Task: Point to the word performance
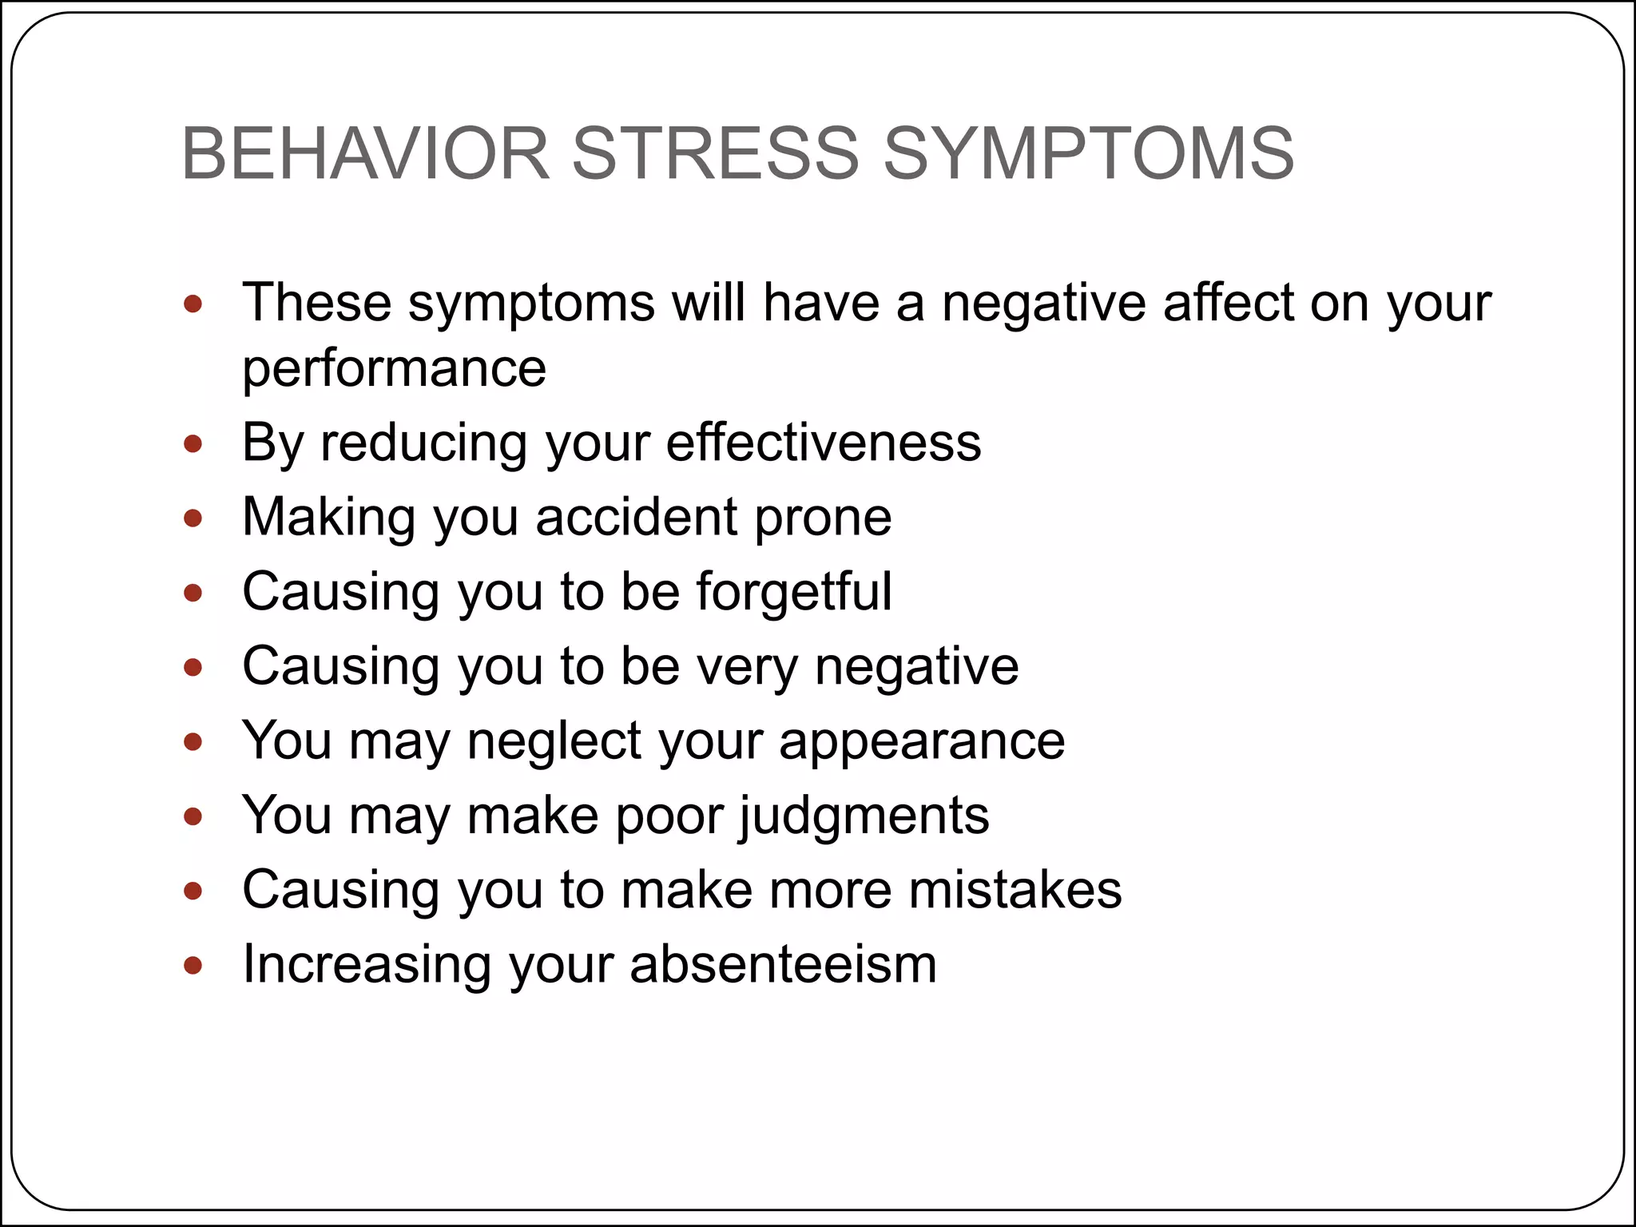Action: tap(395, 369)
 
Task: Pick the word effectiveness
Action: tap(824, 443)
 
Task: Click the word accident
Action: tap(636, 517)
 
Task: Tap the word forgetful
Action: tap(794, 591)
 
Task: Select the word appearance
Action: tap(922, 741)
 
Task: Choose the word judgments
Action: tap(864, 816)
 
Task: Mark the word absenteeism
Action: tap(783, 964)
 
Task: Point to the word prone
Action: tap(823, 518)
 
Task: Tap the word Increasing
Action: tap(367, 964)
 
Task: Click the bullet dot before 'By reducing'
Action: tap(193, 444)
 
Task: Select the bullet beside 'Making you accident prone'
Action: tap(193, 518)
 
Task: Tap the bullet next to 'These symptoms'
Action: tap(193, 304)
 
